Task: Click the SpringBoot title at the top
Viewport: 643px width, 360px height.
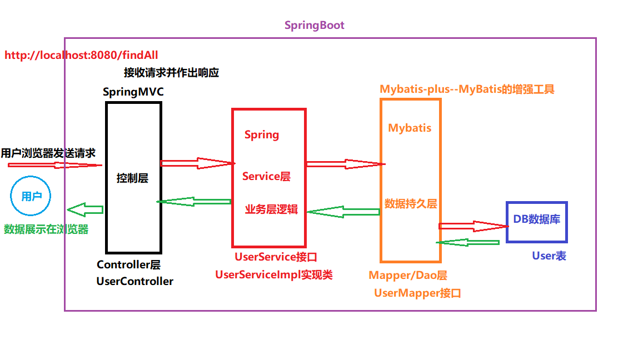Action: [x=314, y=25]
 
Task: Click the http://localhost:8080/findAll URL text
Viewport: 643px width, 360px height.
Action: [x=81, y=55]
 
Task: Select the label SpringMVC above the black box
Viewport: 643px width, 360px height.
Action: [x=133, y=92]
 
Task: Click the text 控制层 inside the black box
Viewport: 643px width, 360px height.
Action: [x=132, y=178]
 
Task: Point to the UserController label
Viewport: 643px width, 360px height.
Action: [x=134, y=281]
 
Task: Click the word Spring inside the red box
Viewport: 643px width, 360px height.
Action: [x=262, y=135]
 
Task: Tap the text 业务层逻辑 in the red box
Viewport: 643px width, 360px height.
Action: [x=271, y=209]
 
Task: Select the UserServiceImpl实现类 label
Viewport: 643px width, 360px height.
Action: [x=273, y=274]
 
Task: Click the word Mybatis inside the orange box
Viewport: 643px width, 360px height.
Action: [x=410, y=128]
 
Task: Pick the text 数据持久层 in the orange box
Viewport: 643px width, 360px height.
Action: [x=411, y=204]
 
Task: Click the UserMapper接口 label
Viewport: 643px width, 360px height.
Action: [x=417, y=293]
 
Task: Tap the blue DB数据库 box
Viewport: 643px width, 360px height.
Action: [x=536, y=221]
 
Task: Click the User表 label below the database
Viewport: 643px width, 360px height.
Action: [x=549, y=256]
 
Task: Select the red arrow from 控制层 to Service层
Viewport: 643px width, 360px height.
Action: [x=196, y=163]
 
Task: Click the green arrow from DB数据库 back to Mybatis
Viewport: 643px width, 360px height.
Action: [x=468, y=242]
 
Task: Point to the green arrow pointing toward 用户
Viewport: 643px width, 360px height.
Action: [x=85, y=209]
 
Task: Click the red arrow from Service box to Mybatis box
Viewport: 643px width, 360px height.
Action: [x=345, y=164]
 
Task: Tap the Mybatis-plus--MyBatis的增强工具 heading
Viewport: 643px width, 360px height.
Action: [x=467, y=89]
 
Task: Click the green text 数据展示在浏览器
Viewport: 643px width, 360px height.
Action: [x=46, y=229]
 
